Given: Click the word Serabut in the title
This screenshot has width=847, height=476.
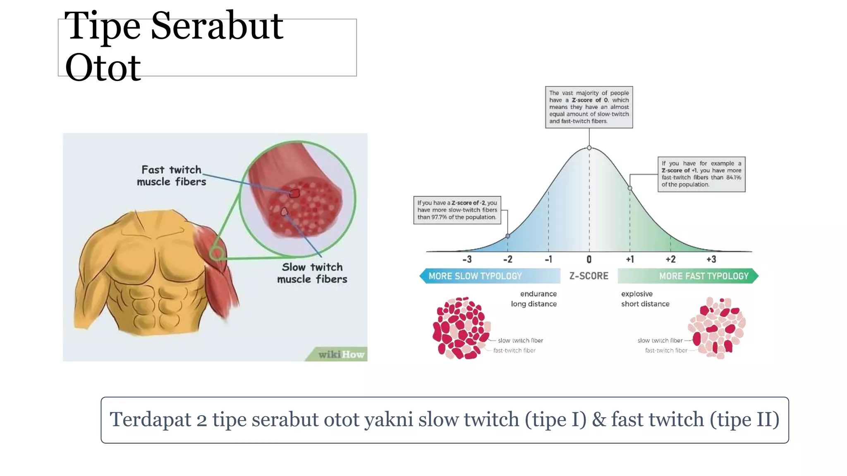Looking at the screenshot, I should click(217, 26).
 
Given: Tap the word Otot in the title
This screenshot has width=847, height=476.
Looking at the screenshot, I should click(103, 68).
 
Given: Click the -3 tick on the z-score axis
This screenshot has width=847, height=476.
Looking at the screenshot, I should click(467, 259).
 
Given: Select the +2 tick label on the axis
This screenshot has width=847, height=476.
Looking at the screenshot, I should click(670, 259).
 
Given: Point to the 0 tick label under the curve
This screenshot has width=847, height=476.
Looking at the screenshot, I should click(589, 259).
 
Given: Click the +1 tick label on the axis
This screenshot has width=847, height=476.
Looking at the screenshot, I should click(629, 259).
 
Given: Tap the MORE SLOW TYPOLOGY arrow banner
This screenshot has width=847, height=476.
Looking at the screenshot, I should click(490, 276).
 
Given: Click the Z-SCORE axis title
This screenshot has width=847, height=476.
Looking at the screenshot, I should click(589, 276).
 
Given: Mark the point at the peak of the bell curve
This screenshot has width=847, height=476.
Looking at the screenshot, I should click(589, 148).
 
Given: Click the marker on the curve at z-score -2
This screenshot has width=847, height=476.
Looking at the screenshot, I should click(507, 236).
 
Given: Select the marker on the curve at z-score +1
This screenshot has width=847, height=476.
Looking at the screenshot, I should click(630, 188).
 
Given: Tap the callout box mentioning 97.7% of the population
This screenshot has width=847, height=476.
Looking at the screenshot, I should click(457, 210).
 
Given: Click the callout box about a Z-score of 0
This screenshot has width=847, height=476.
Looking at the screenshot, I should click(589, 107).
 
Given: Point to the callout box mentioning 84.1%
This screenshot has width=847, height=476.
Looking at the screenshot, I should click(701, 174).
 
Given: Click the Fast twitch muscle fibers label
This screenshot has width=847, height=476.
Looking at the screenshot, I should click(171, 176).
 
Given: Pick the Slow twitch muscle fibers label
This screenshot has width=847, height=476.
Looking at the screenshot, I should click(312, 273).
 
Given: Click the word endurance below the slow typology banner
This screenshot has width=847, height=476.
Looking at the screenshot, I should click(538, 294).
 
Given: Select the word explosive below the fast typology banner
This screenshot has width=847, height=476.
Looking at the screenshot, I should click(637, 294).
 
